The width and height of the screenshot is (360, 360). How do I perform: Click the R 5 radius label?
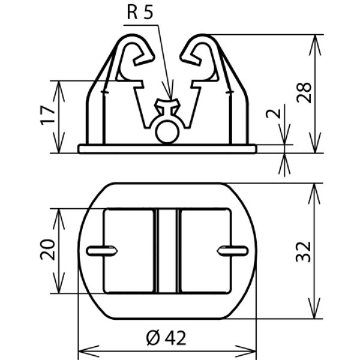tap(140, 13)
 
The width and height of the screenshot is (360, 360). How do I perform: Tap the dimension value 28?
tap(304, 92)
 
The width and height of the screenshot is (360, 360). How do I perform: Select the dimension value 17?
tap(48, 115)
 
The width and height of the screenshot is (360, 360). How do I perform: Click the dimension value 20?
tap(48, 250)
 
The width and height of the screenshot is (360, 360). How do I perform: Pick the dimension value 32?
tap(303, 252)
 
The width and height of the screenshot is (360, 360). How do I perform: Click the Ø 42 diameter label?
tap(166, 338)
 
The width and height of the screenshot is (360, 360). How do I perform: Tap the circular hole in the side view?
tap(167, 132)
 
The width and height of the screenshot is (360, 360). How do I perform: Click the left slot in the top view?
tap(102, 250)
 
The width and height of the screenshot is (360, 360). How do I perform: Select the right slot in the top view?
tap(233, 250)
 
